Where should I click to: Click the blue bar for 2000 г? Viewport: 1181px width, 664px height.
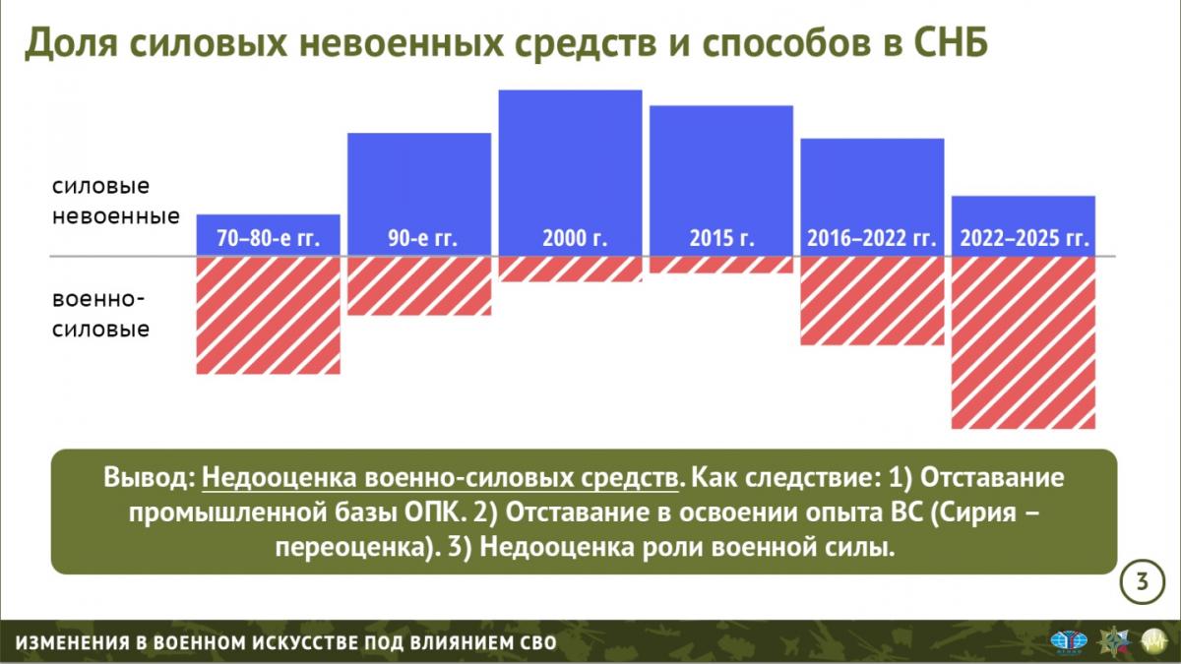(571, 173)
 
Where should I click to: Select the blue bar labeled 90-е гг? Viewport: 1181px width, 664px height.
(419, 195)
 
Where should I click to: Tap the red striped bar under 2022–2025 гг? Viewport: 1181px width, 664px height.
(1024, 342)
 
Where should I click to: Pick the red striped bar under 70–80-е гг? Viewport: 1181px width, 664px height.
(269, 315)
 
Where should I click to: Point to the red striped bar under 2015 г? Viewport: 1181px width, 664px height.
(721, 265)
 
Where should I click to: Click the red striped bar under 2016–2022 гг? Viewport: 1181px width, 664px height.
(872, 301)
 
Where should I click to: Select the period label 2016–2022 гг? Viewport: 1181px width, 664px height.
(872, 238)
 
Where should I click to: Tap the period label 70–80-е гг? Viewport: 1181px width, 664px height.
(269, 238)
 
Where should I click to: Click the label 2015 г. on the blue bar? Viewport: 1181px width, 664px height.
(721, 238)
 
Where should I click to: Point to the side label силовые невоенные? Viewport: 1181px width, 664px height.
(116, 201)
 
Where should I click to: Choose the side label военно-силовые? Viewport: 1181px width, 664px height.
(100, 314)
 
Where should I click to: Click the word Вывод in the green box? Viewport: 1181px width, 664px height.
(149, 477)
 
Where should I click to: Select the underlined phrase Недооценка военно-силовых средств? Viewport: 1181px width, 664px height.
(440, 477)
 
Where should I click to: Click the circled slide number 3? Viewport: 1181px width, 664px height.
(1142, 581)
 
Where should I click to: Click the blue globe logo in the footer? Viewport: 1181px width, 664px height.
(1069, 641)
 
